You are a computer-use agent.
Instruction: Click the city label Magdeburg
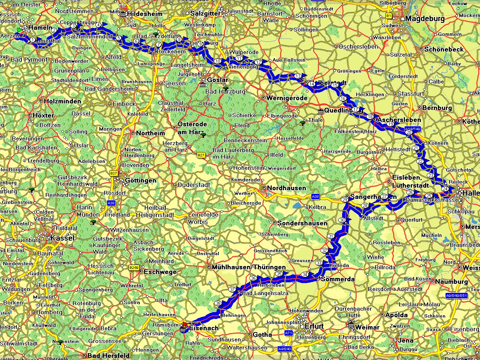pyautogui.click(x=425, y=19)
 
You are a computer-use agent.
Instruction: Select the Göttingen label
pyautogui.click(x=140, y=180)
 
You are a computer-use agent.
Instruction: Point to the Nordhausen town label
pyautogui.click(x=286, y=188)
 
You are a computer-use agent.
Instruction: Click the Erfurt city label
pyautogui.click(x=314, y=326)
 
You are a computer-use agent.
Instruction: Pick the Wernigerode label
pyautogui.click(x=287, y=98)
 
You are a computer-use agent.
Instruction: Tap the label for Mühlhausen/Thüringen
pyautogui.click(x=249, y=267)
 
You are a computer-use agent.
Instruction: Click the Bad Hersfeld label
pyautogui.click(x=108, y=355)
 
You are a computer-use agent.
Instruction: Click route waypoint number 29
pyautogui.click(x=345, y=200)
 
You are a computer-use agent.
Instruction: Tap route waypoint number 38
pyautogui.click(x=218, y=303)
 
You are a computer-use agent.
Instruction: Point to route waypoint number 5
pyautogui.click(x=119, y=38)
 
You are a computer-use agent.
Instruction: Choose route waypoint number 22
pyautogui.click(x=420, y=161)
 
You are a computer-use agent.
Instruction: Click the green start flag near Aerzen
pyautogui.click(x=20, y=30)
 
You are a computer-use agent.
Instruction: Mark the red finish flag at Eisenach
pyautogui.click(x=185, y=323)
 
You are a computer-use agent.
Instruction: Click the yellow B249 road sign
pyautogui.click(x=134, y=268)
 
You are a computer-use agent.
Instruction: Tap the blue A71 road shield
pyautogui.click(x=288, y=333)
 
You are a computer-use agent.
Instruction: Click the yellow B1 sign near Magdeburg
pyautogui.click(x=389, y=16)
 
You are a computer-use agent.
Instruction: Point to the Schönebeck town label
pyautogui.click(x=444, y=49)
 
